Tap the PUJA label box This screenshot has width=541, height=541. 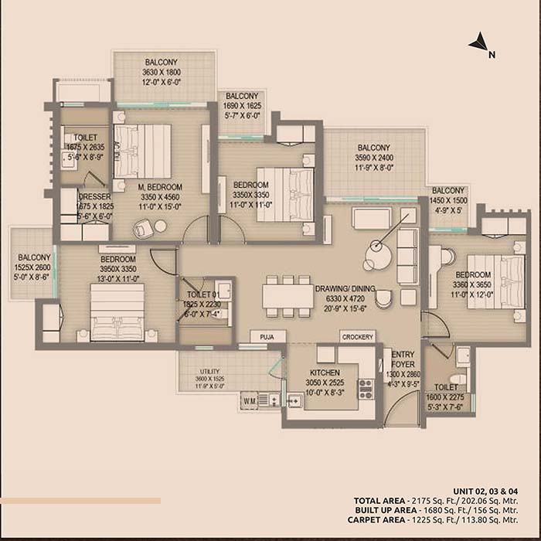tap(267, 337)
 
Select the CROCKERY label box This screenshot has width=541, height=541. tap(358, 337)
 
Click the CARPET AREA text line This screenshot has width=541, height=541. tap(444, 521)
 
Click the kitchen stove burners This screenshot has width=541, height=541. tap(366, 389)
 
